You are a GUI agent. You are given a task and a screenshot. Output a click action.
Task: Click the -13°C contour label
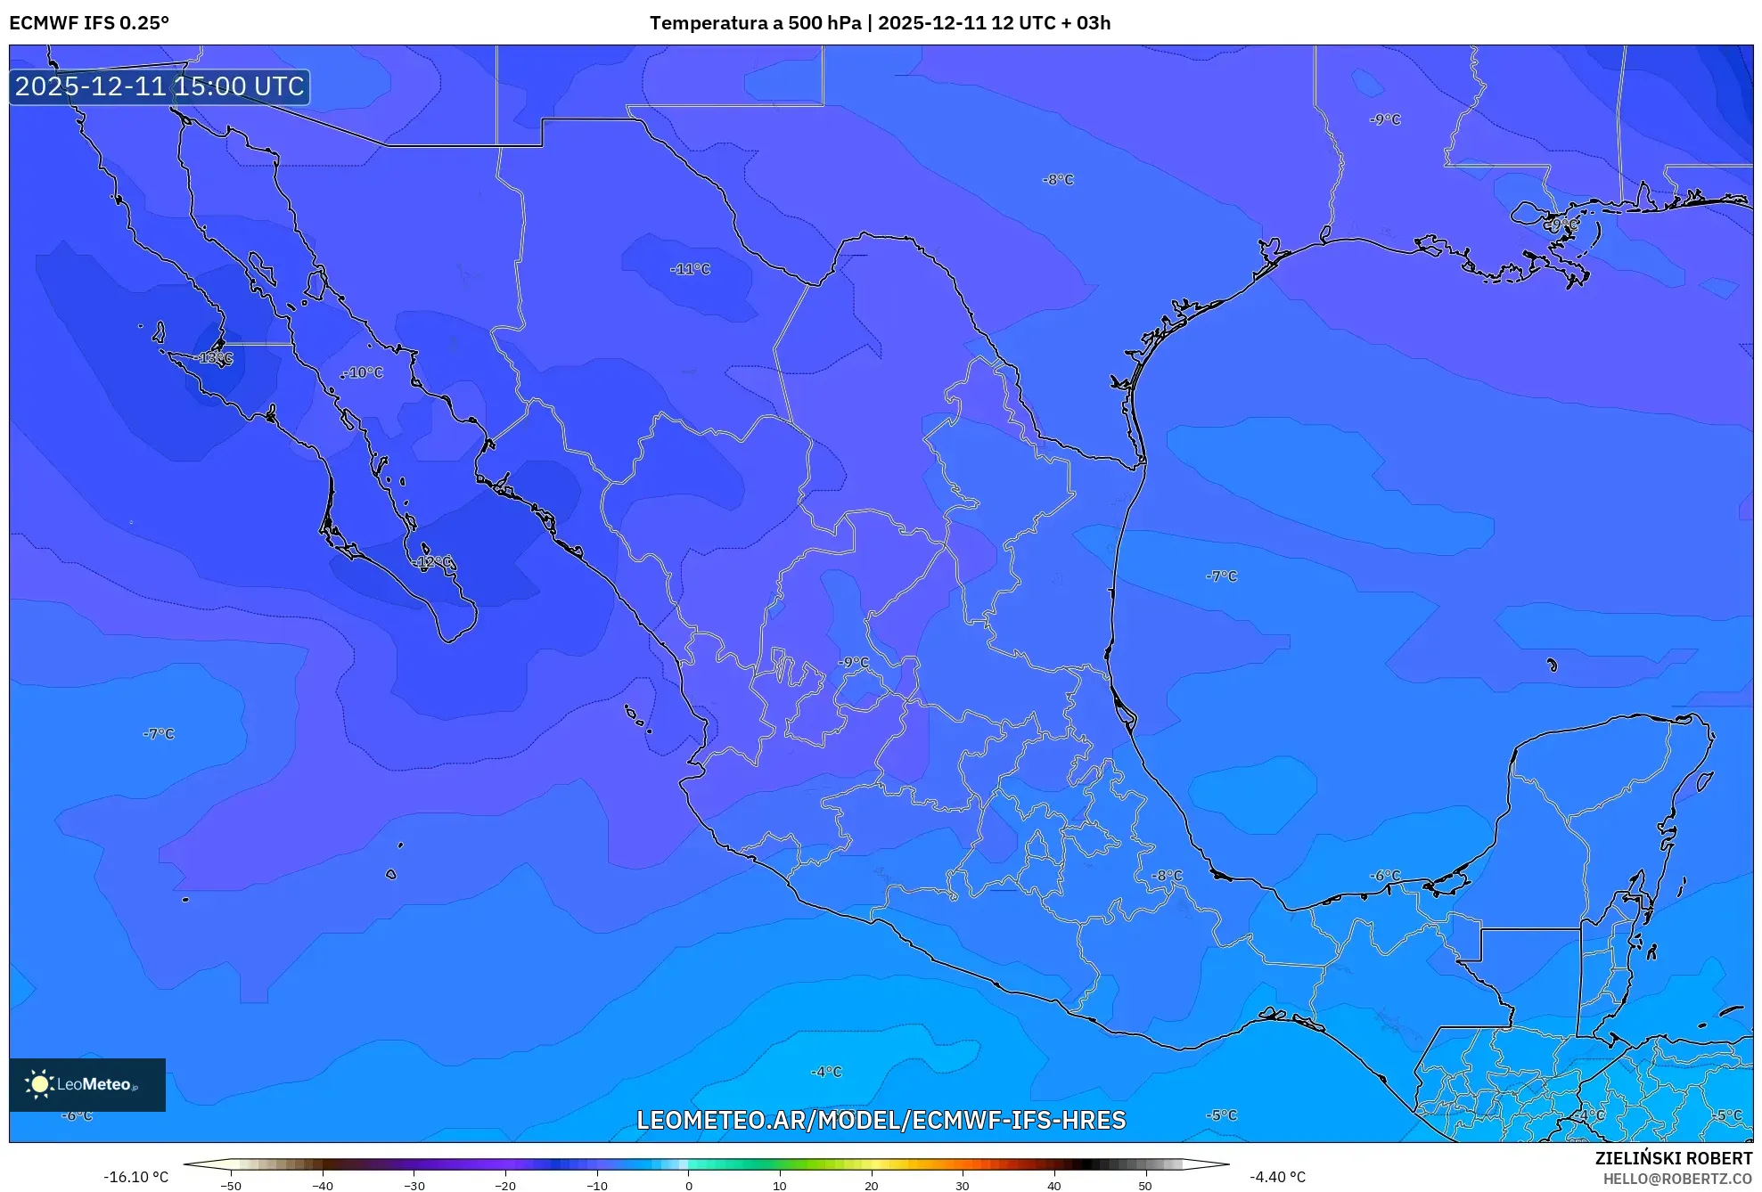point(214,358)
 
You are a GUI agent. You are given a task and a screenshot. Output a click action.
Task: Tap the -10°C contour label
point(364,372)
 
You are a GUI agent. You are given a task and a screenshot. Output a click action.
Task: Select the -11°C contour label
point(691,269)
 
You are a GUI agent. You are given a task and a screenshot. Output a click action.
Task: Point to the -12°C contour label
point(433,562)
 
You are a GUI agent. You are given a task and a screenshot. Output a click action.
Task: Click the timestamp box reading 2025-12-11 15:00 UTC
point(160,86)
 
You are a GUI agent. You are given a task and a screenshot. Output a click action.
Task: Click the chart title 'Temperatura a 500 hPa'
point(755,23)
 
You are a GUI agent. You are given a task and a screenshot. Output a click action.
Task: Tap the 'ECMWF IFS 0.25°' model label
point(89,23)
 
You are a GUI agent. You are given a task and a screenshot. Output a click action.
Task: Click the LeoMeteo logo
point(87,1084)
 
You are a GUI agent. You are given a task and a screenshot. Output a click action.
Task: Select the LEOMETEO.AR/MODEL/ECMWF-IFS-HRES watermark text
point(881,1120)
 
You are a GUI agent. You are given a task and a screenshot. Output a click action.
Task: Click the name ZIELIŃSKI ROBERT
point(1673,1158)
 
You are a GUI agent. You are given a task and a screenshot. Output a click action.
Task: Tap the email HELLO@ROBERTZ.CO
point(1677,1179)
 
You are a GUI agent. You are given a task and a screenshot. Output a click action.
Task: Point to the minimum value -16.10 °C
point(135,1177)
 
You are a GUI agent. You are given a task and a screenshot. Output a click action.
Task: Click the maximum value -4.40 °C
point(1277,1177)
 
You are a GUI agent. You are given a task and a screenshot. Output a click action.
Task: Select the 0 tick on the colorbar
point(688,1186)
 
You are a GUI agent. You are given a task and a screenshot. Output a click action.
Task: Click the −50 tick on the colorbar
point(231,1186)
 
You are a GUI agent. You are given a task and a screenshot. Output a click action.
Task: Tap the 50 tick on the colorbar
point(1145,1186)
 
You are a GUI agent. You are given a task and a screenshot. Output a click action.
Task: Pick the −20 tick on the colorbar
point(505,1186)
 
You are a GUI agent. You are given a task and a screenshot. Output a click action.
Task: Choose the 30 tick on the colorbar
point(963,1186)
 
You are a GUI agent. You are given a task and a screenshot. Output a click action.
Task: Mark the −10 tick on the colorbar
point(596,1186)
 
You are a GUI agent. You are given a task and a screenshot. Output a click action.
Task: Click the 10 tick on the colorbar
point(780,1186)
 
